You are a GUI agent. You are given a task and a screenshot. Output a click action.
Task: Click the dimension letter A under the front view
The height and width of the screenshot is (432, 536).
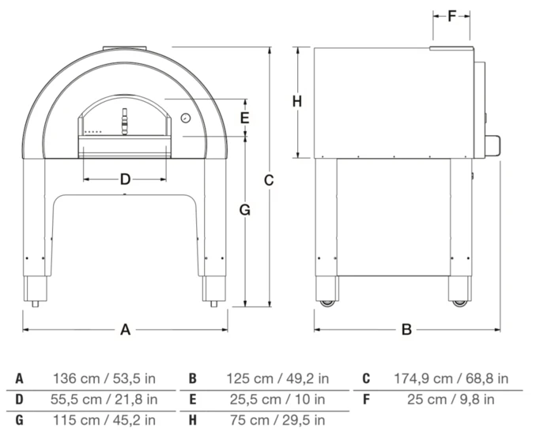coord(126,329)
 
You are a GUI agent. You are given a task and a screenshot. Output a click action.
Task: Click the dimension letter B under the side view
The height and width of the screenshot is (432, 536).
coord(406,329)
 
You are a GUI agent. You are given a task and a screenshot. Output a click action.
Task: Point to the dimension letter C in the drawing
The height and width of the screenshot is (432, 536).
coord(269,180)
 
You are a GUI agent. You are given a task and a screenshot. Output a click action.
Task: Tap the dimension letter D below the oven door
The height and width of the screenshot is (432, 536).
coord(125,179)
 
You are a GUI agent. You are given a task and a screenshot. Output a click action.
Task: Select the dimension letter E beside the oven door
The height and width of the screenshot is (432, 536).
coord(244,118)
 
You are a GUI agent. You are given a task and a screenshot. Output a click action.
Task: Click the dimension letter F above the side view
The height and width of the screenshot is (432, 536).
coord(452,16)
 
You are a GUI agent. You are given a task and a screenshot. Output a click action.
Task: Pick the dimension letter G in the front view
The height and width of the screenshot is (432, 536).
coord(245,210)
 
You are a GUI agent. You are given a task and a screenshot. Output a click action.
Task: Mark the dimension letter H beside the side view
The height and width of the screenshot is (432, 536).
coord(297,101)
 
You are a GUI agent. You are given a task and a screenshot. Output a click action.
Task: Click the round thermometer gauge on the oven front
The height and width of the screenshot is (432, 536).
coord(186,118)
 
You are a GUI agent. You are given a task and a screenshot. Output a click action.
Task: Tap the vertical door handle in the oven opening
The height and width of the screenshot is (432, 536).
coord(125,122)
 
